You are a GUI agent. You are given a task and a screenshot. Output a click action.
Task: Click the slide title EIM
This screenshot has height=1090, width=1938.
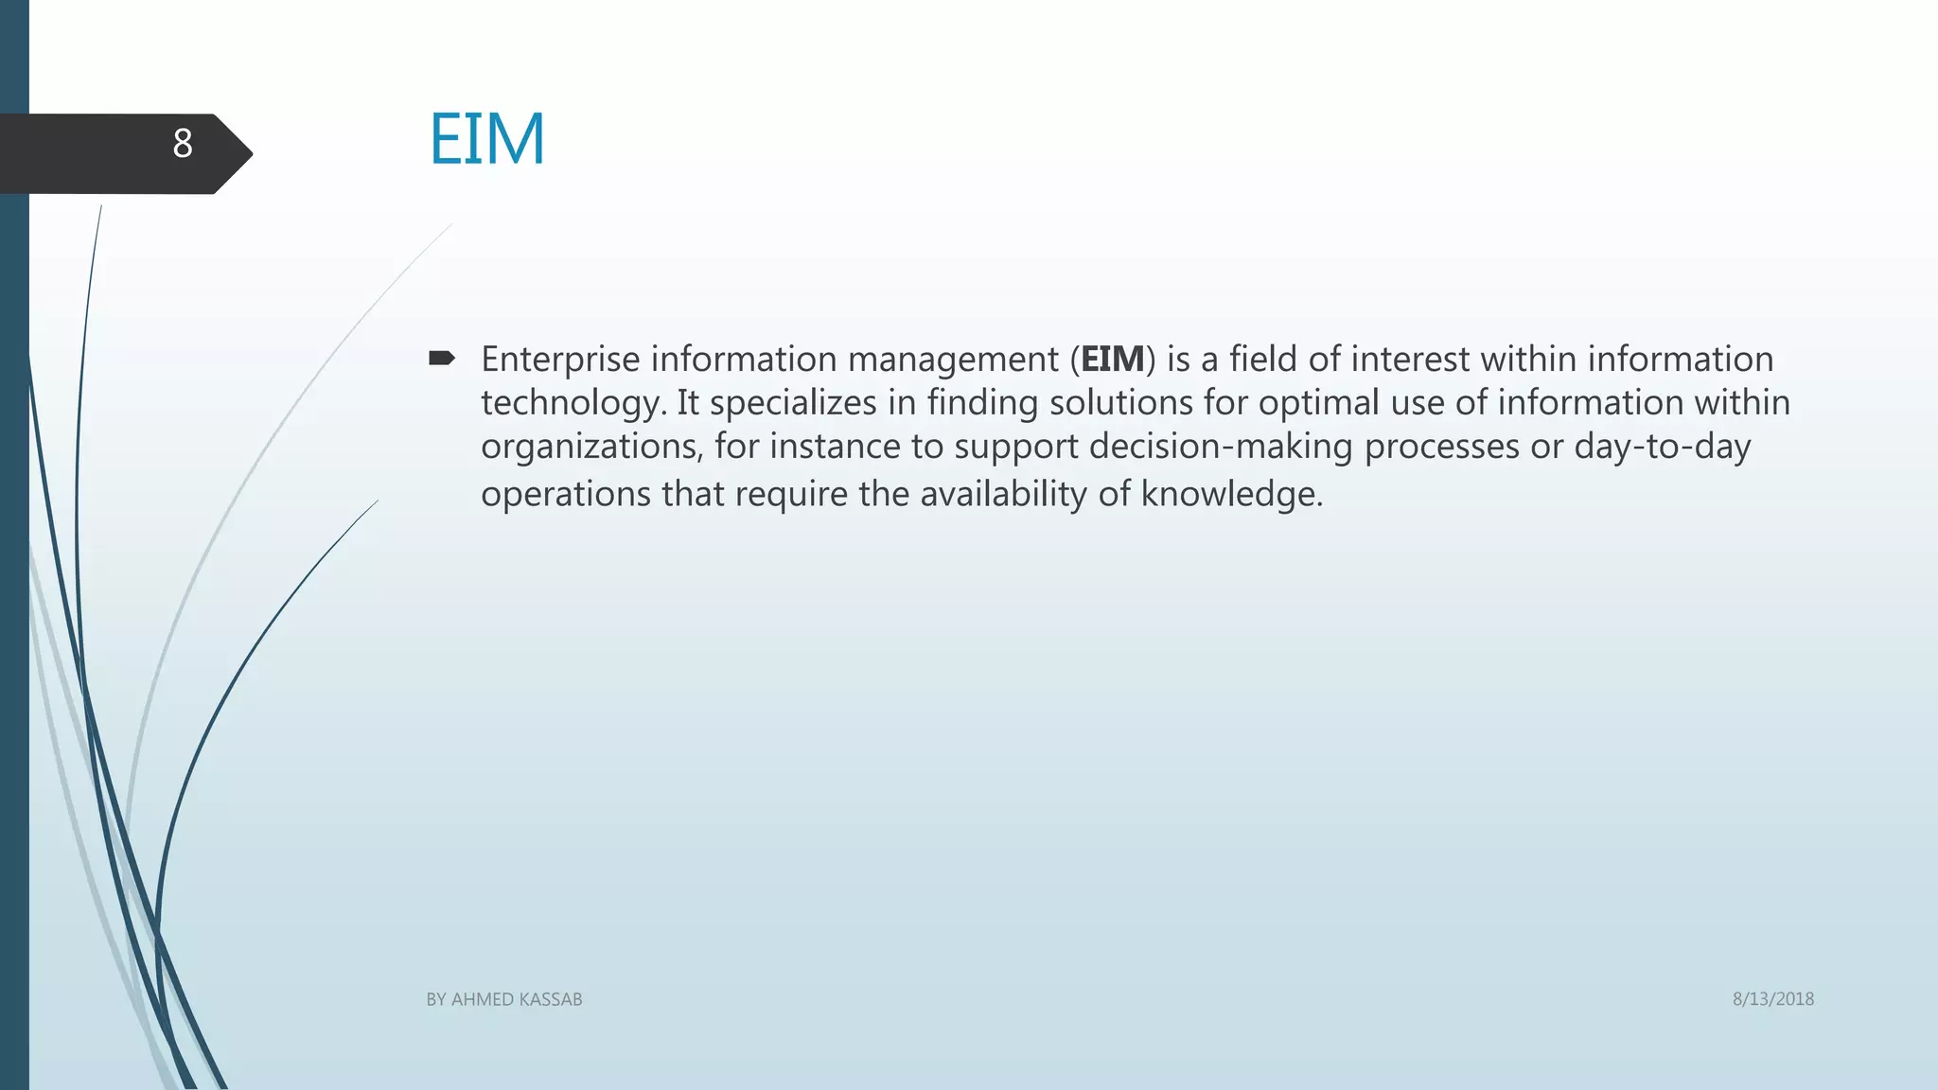487,139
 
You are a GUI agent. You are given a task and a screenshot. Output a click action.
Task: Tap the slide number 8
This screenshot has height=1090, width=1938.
183,144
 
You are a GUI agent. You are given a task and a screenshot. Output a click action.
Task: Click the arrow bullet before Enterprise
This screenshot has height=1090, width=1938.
442,358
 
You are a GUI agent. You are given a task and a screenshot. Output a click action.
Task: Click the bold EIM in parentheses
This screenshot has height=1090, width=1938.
1112,360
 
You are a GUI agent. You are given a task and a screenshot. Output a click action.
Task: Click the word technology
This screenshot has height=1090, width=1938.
568,404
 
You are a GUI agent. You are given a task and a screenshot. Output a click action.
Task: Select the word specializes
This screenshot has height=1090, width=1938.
793,404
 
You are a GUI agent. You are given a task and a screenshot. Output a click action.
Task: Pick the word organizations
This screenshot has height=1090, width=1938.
591,448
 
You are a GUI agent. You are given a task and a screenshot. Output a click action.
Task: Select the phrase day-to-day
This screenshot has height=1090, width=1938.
1663,448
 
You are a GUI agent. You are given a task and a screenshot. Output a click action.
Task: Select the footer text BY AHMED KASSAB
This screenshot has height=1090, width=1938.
504,999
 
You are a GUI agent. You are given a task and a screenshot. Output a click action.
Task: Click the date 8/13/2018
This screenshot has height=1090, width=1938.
1773,999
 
